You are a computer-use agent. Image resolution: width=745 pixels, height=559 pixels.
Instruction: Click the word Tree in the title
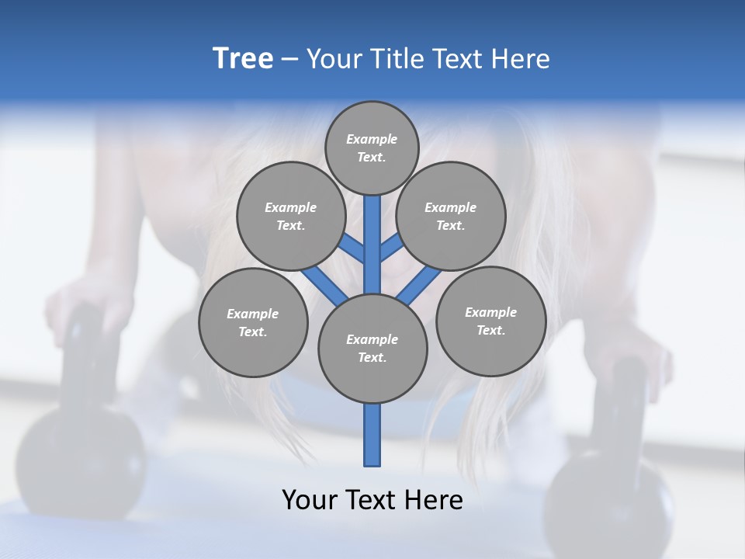[243, 59]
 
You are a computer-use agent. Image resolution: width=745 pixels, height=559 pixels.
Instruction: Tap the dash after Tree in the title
[289, 60]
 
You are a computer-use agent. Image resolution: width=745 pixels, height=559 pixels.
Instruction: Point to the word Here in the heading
[520, 59]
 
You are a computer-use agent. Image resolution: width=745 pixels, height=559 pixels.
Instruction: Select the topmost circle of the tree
[372, 148]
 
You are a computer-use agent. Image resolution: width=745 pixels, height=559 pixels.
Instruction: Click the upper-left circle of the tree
[290, 216]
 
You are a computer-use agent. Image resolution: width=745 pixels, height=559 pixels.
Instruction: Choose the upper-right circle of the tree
[451, 216]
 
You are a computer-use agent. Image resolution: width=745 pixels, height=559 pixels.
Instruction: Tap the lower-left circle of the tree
[253, 322]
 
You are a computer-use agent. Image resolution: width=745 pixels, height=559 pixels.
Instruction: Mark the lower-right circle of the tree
[490, 321]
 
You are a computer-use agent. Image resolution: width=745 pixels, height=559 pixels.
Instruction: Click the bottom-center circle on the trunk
[372, 348]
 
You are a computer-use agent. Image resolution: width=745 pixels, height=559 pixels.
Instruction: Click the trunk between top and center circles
[372, 245]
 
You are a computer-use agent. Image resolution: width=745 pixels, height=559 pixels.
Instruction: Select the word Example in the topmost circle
[372, 139]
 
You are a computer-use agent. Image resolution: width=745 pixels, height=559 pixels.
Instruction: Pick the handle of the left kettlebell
[85, 349]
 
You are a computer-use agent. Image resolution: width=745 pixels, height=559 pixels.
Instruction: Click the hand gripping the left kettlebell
[85, 303]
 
